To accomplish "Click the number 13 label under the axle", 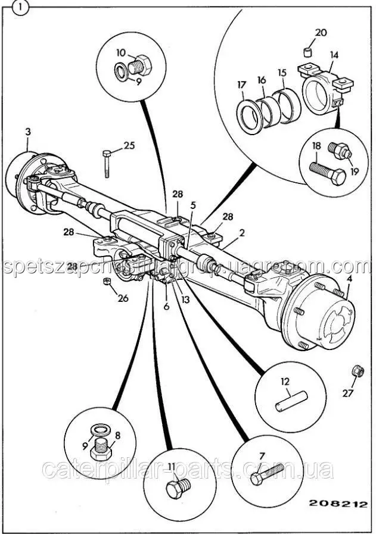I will click(186, 299).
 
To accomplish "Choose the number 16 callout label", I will click(261, 80).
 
